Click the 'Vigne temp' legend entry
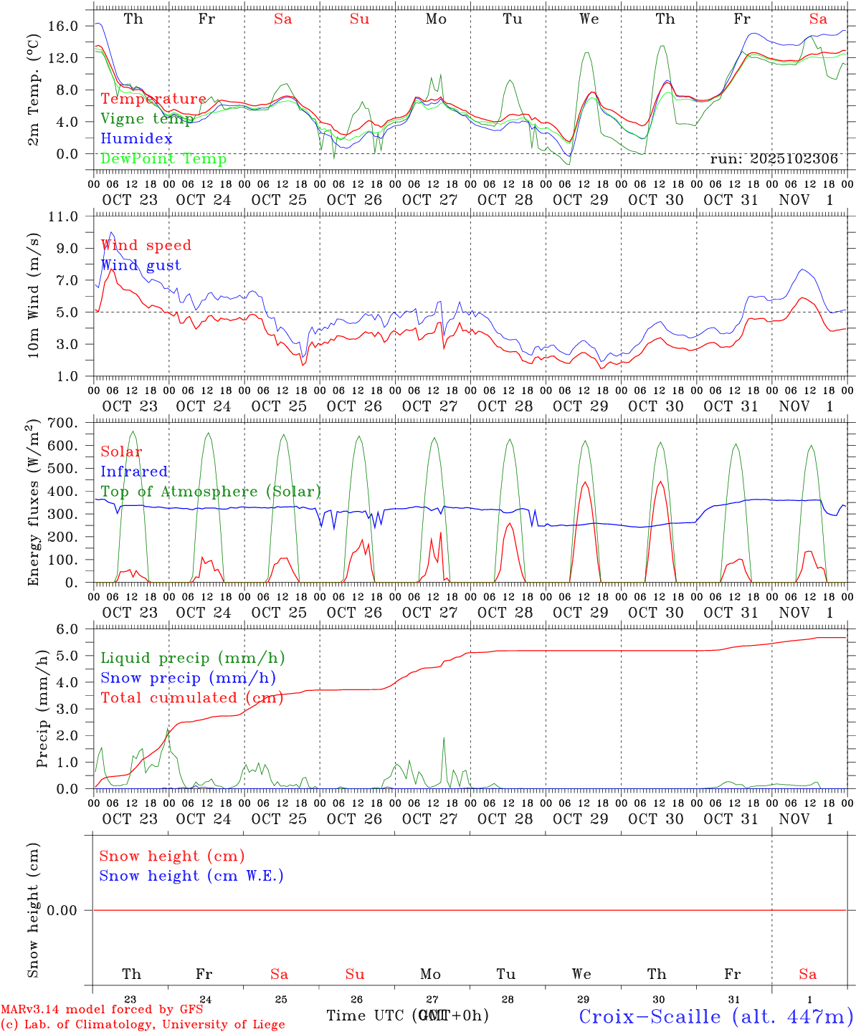click(147, 119)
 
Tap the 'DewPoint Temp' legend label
click(163, 159)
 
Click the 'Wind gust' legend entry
click(141, 265)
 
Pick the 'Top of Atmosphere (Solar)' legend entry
click(210, 492)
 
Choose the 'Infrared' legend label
click(134, 472)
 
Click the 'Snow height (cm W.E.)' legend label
click(191, 876)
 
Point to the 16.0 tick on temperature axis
click(64, 27)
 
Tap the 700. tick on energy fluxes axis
click(62, 423)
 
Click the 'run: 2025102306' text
click(774, 159)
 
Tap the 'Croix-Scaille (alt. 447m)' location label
click(715, 1016)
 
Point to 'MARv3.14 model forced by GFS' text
click(102, 1009)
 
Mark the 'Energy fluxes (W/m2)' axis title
click(33, 505)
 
